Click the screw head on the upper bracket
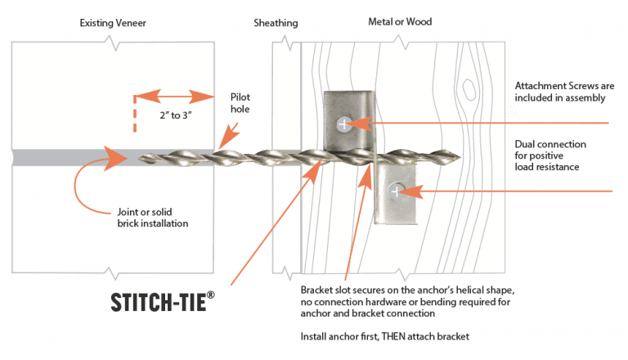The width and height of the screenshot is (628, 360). click(x=345, y=124)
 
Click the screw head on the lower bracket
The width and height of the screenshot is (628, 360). click(x=396, y=191)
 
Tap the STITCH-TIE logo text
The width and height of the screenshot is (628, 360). click(x=163, y=301)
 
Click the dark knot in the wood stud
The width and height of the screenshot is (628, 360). click(x=469, y=87)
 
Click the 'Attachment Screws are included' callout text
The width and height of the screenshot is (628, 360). click(x=559, y=92)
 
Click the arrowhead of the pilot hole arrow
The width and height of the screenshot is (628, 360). click(x=222, y=146)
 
